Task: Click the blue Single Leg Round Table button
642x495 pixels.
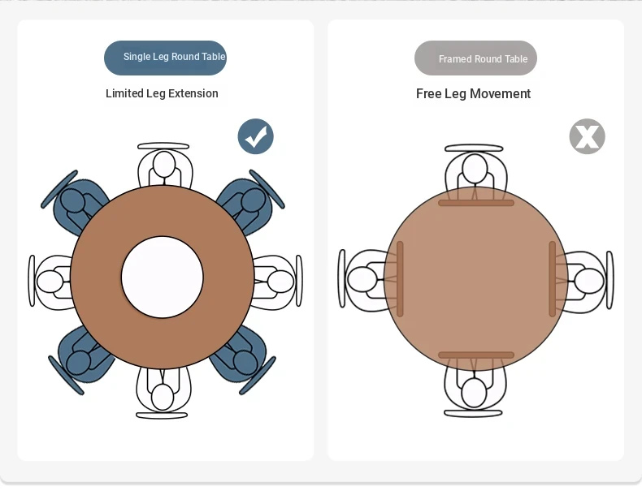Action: tap(165, 58)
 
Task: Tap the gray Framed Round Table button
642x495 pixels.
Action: tap(475, 58)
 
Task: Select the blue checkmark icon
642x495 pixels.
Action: tap(255, 136)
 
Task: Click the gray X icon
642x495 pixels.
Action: tap(587, 136)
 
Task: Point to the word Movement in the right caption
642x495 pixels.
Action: tap(500, 93)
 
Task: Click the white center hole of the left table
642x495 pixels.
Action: tap(163, 278)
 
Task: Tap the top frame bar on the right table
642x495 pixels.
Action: tap(475, 203)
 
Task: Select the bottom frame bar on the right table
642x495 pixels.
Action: tap(475, 355)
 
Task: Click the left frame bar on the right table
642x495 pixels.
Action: tap(400, 279)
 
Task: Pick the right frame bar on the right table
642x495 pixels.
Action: tap(553, 279)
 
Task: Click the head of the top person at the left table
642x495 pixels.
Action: tap(164, 164)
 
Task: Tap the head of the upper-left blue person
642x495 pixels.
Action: tap(72, 200)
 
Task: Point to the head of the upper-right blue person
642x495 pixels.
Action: tap(253, 200)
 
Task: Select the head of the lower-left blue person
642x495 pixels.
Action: tap(78, 362)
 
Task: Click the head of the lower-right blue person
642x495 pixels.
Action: tap(245, 362)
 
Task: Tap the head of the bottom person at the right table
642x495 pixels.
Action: tap(474, 393)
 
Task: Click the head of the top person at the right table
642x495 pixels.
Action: tap(474, 169)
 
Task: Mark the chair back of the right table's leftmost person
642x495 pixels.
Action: tap(342, 278)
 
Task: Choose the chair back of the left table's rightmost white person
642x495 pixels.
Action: tap(299, 281)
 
